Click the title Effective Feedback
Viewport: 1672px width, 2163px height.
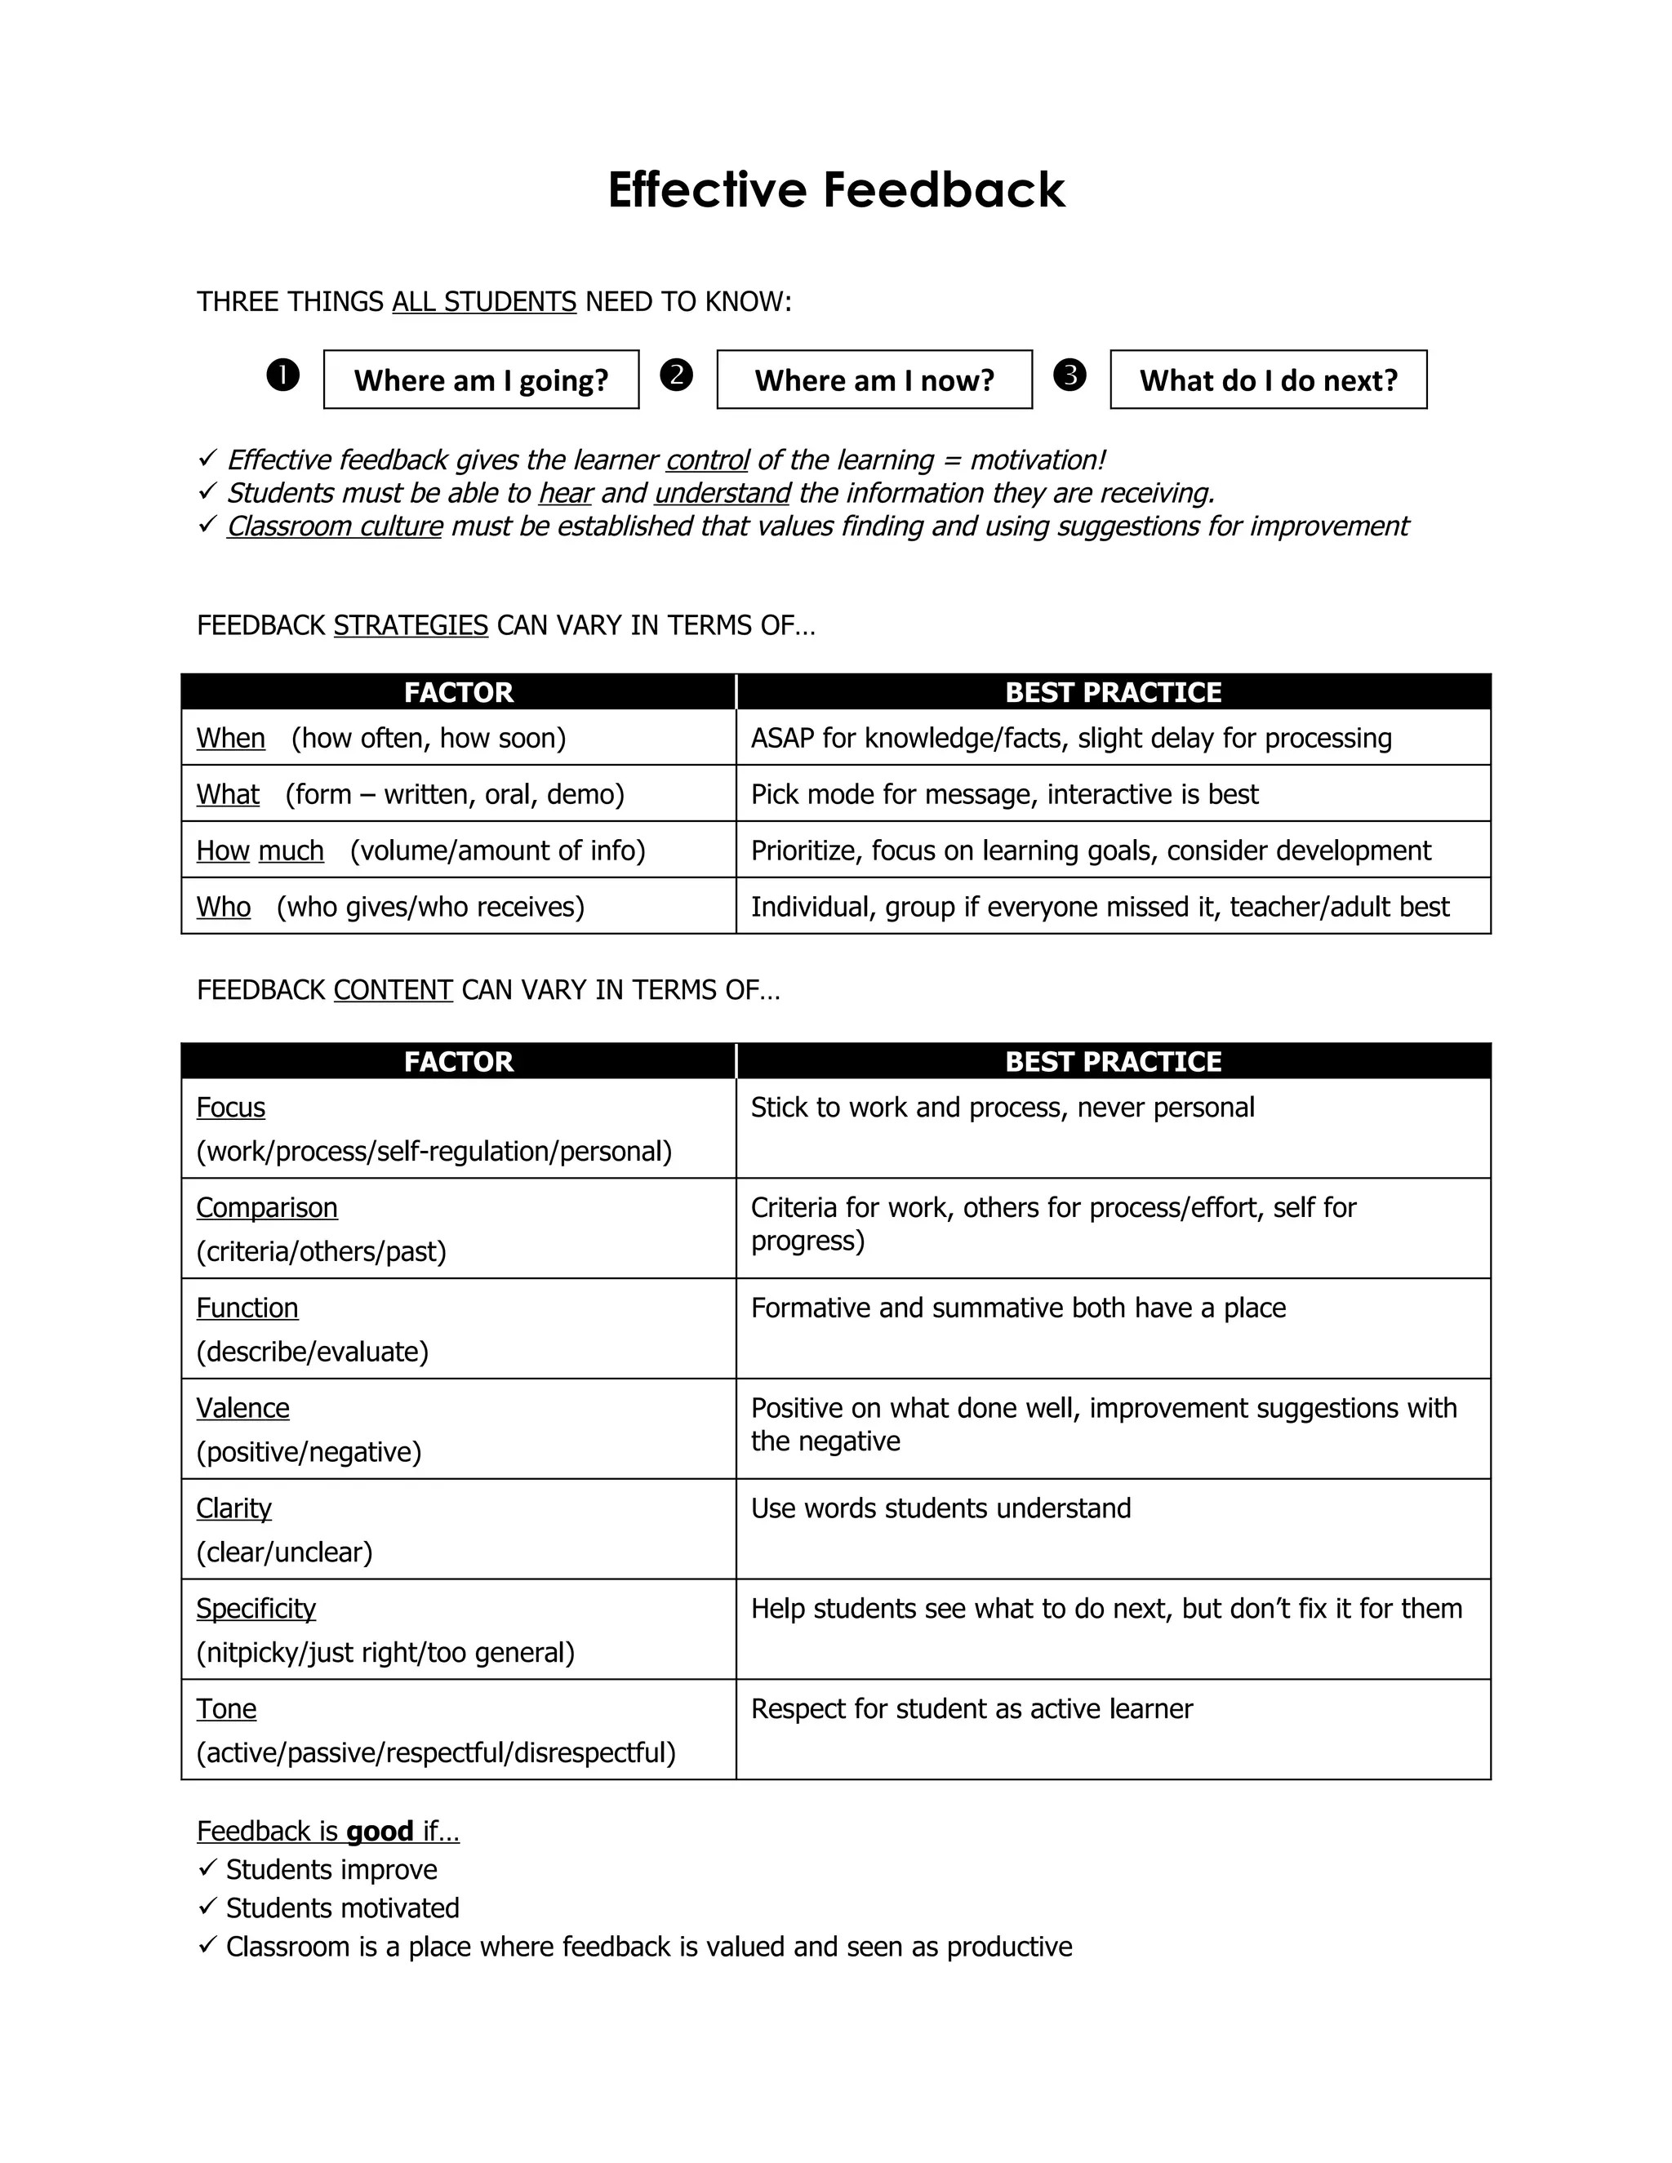coord(836,189)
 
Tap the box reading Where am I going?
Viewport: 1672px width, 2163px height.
coord(482,380)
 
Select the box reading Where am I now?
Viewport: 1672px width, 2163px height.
coord(874,380)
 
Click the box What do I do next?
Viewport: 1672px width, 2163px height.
coord(1268,380)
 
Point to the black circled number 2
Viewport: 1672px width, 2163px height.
coord(677,375)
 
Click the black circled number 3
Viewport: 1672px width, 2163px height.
coord(1069,375)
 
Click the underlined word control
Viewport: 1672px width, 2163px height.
coord(707,460)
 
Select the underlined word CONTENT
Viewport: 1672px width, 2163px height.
coord(394,990)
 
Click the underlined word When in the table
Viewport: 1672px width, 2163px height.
coord(231,739)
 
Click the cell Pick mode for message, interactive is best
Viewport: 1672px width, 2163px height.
coord(1004,794)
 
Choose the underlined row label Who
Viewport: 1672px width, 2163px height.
coord(224,907)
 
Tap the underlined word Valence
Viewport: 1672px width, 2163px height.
coord(242,1408)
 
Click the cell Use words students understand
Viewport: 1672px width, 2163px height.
coord(941,1508)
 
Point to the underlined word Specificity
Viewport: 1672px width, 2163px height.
coord(256,1609)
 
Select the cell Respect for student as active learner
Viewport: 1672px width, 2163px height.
coord(972,1708)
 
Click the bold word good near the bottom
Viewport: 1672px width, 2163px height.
coord(380,1832)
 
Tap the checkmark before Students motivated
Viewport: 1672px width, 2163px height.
coord(207,1907)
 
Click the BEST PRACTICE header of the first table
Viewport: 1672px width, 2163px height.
coord(1114,692)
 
